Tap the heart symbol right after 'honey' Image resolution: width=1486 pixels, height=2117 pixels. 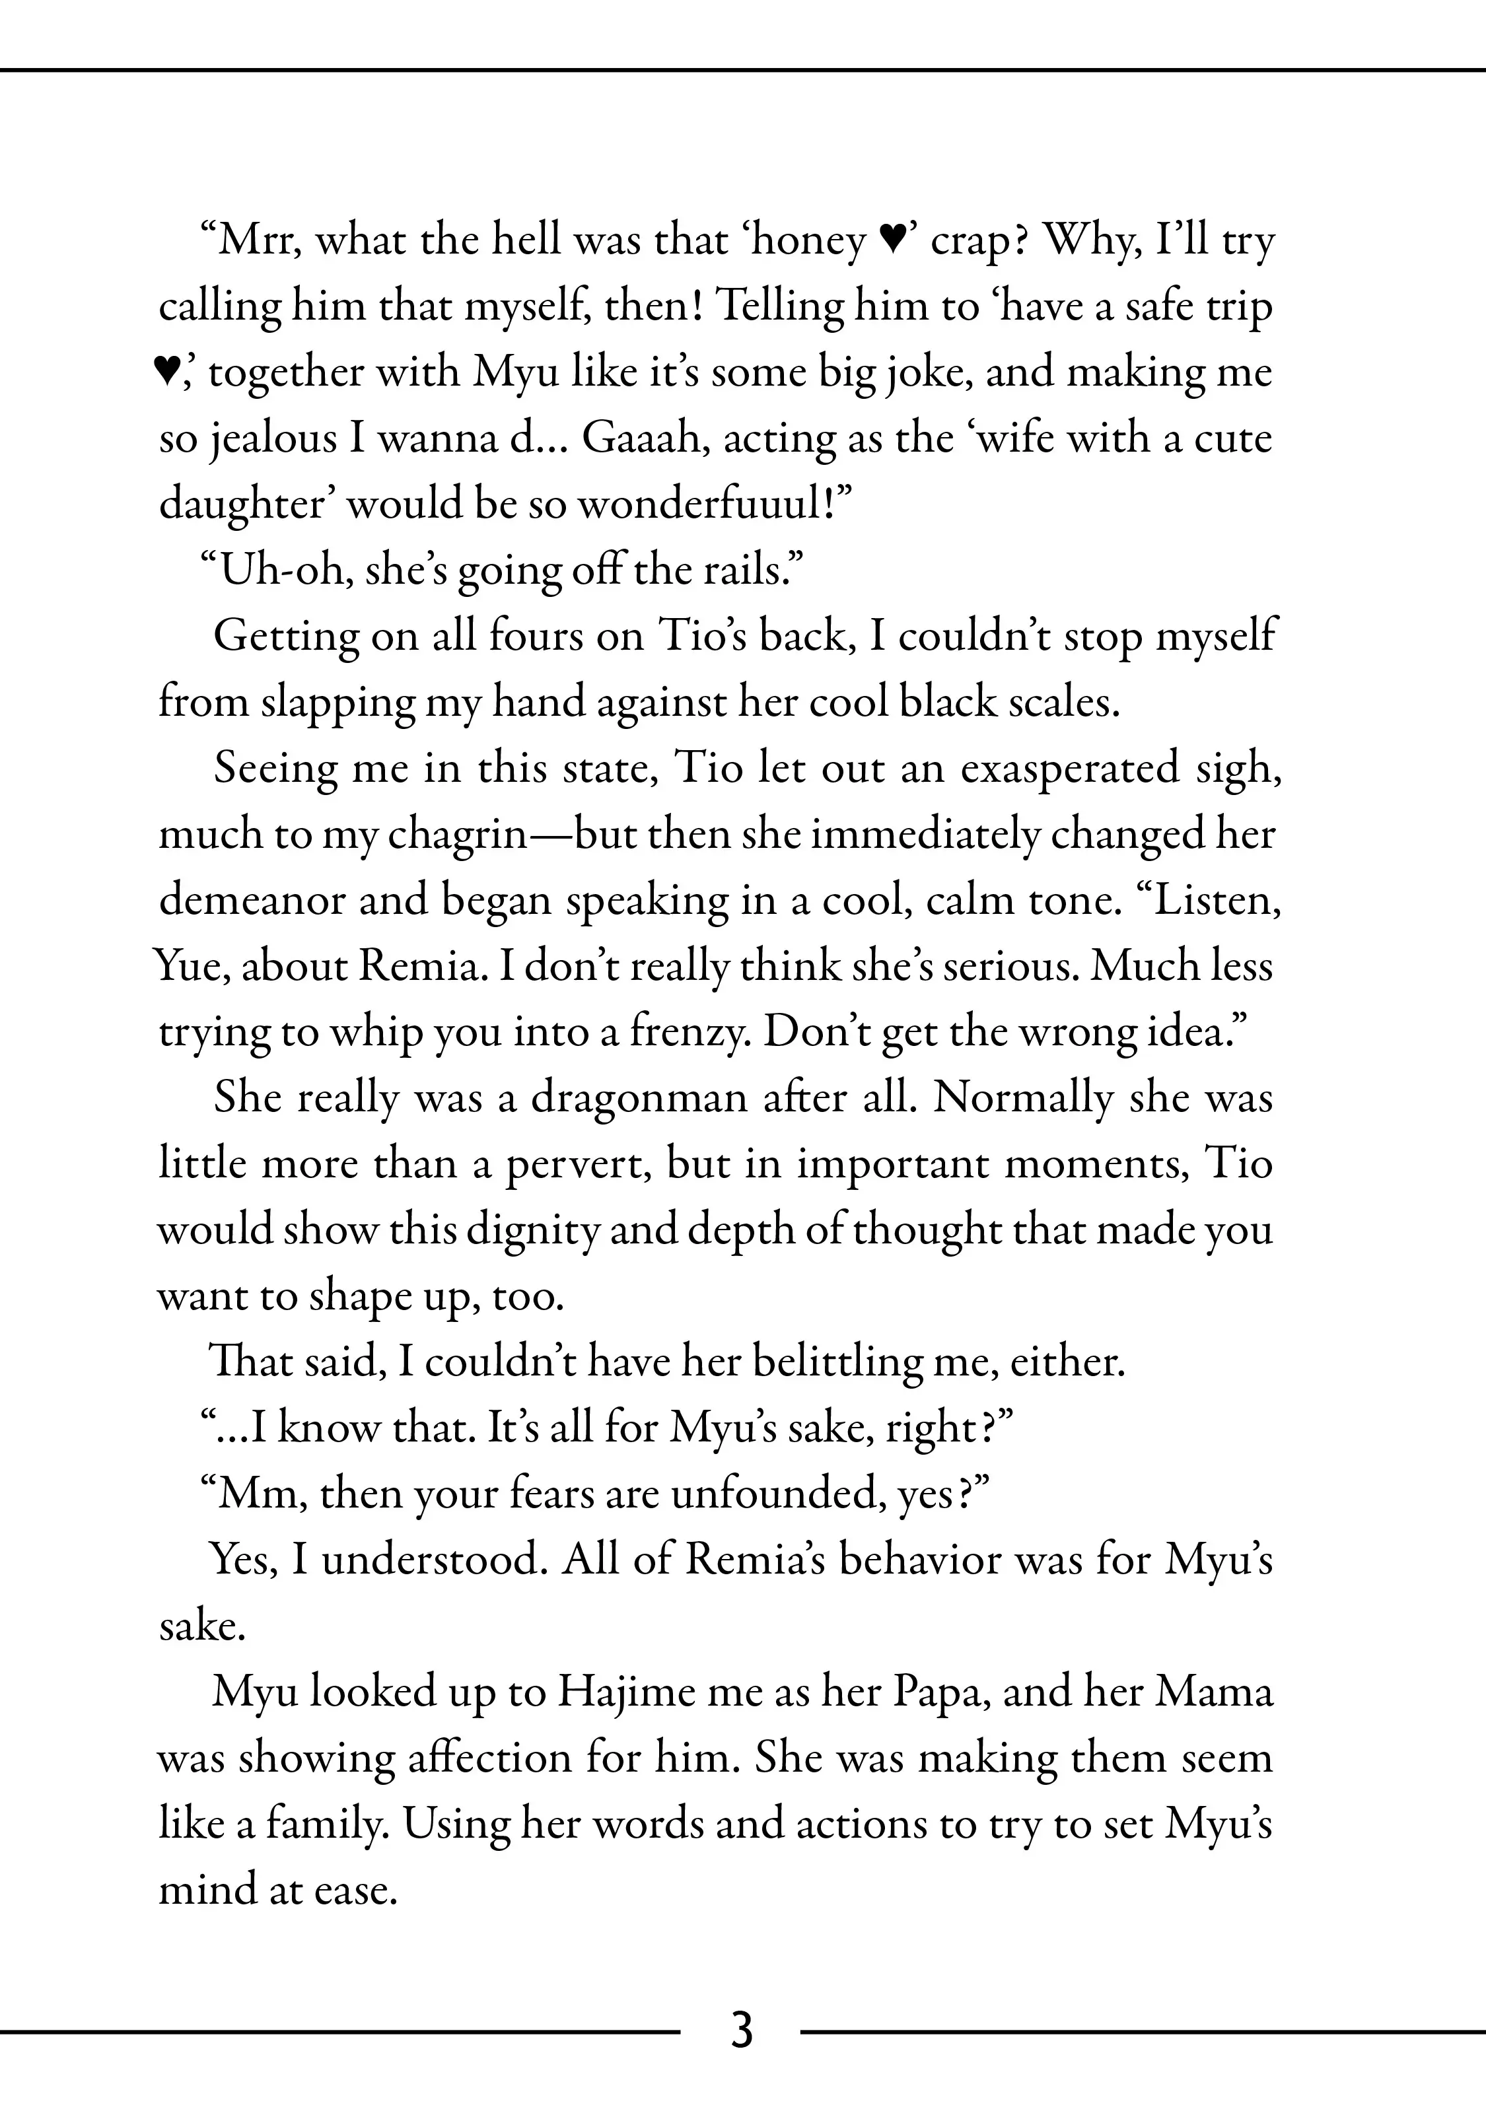click(x=890, y=242)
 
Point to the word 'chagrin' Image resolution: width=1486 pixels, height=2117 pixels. click(x=458, y=835)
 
